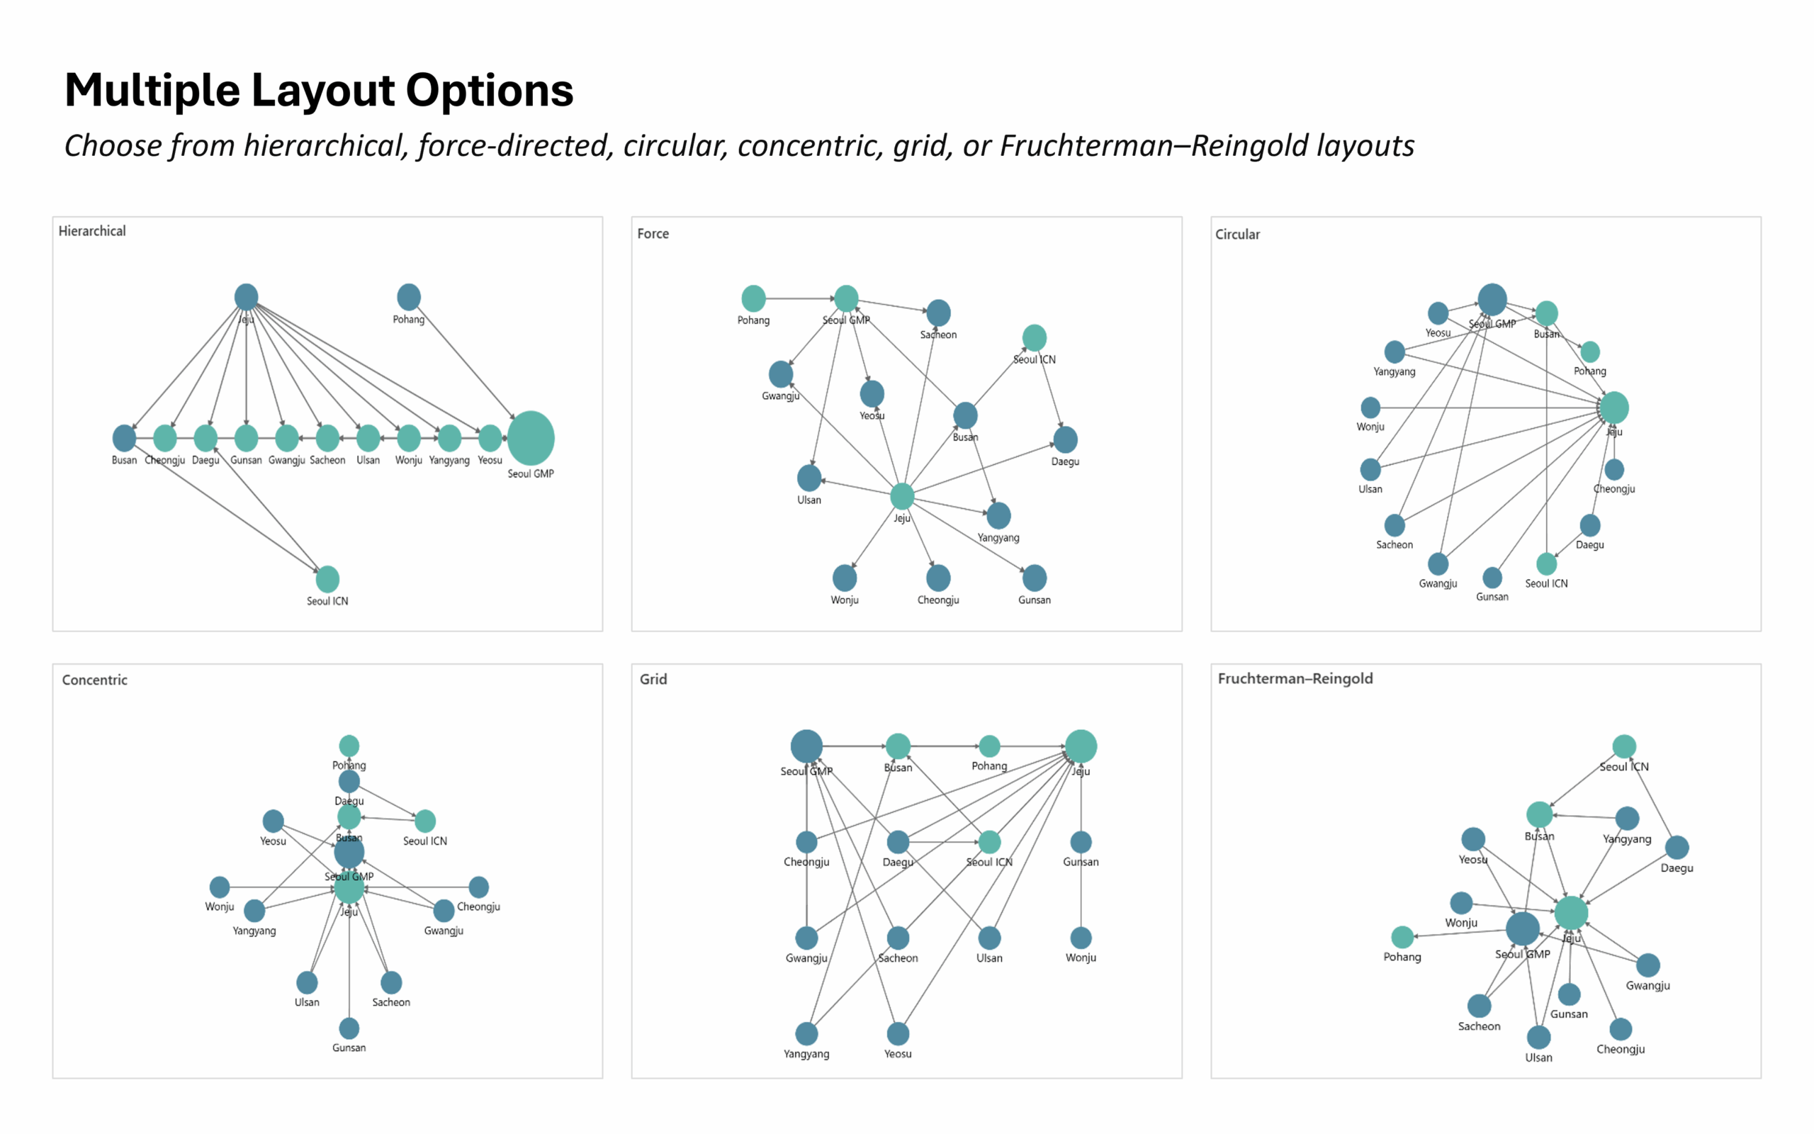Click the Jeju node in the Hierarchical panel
tap(246, 297)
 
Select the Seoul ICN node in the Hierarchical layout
tap(327, 579)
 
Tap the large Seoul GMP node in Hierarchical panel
tap(531, 438)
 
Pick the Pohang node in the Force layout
tap(753, 298)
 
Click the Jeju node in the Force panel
tap(902, 495)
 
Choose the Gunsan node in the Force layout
tap(1035, 578)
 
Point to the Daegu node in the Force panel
tap(1065, 439)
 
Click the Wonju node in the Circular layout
tap(1370, 408)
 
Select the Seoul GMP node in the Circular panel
tap(1492, 299)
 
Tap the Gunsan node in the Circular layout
tap(1492, 578)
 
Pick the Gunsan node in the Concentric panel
tap(349, 1028)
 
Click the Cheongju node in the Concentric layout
tap(478, 887)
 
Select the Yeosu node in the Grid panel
tap(898, 1033)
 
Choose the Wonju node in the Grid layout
tap(1081, 938)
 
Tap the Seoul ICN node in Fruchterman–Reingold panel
tap(1623, 746)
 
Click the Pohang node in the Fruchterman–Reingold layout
tap(1402, 937)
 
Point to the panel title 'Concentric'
tap(94, 680)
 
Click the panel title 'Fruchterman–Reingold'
tap(1295, 679)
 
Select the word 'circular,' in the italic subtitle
tap(675, 145)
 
